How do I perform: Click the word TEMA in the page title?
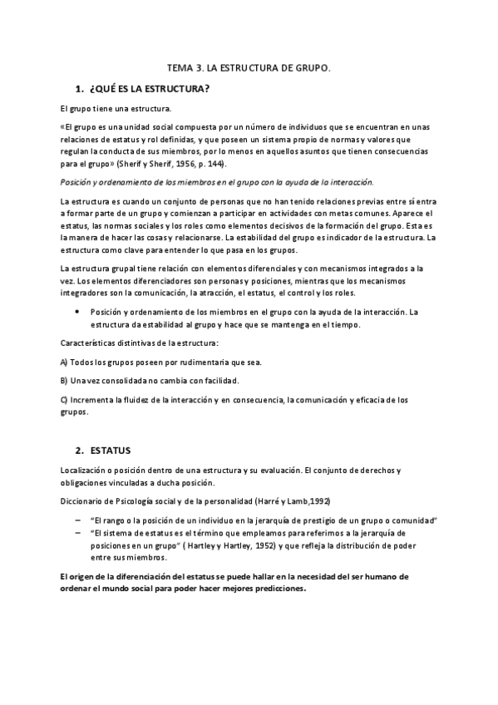click(180, 70)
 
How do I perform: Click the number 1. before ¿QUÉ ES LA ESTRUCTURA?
click(79, 89)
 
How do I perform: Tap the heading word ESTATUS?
click(110, 451)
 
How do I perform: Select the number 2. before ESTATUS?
click(79, 451)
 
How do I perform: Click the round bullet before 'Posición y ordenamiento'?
click(76, 312)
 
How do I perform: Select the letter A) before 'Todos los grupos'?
click(65, 362)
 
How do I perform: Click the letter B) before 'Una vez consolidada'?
click(65, 381)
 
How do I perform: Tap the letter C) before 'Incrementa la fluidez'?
click(65, 399)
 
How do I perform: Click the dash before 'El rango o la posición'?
click(76, 520)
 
